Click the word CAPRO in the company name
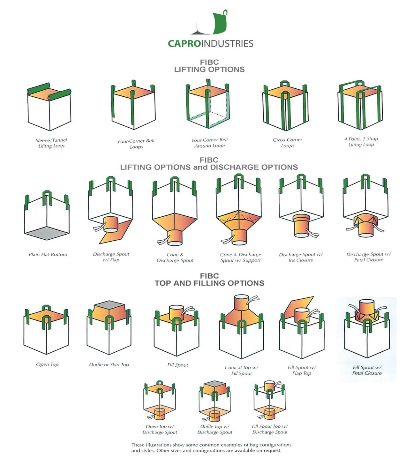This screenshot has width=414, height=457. [184, 44]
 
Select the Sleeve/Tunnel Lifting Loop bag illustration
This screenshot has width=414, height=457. [49, 107]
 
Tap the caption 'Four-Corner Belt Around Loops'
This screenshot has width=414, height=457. [210, 143]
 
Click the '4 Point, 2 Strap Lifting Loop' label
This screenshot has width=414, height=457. [361, 142]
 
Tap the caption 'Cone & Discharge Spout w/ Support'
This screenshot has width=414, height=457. [240, 258]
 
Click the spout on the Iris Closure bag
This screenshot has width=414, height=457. [302, 225]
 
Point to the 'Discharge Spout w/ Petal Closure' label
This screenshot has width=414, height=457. [368, 257]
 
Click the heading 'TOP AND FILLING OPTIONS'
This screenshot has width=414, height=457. [209, 283]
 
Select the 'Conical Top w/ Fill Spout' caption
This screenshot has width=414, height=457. [241, 370]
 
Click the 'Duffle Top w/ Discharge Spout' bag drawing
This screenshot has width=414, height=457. [214, 401]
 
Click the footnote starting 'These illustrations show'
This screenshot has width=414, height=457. [211, 447]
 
